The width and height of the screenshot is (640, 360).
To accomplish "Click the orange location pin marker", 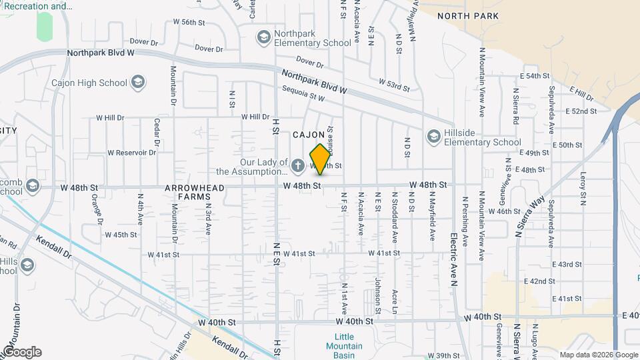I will pos(320,159).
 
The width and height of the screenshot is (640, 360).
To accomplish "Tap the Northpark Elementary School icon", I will pos(263,36).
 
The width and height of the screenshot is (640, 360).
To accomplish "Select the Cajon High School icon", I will pos(139,83).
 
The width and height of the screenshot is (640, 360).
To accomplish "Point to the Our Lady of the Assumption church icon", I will pos(298,165).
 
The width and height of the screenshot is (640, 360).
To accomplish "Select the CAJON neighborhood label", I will pos(309,135).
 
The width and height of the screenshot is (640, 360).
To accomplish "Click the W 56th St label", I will pos(189,22).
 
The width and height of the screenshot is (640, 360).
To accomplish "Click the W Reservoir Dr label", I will pos(126,153).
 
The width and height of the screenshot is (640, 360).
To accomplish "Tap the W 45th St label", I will pos(120,235).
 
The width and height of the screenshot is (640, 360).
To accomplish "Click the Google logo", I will pos(22,352).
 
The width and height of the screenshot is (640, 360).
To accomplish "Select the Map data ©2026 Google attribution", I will pos(599,355).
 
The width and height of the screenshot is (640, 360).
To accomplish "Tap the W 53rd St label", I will pos(393,84).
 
